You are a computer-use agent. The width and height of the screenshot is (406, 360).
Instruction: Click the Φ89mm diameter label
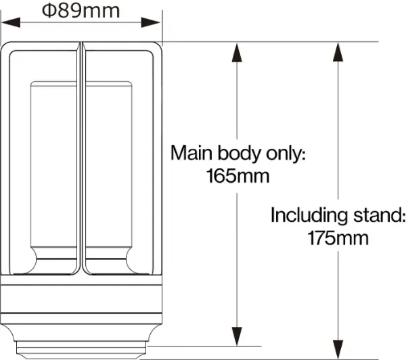[81, 11]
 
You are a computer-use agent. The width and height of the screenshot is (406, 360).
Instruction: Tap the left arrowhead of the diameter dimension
[11, 22]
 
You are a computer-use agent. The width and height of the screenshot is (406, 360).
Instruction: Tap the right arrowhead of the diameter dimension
[151, 22]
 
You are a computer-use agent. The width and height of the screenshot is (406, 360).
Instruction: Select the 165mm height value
[238, 176]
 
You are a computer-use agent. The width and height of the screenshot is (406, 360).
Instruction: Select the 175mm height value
[338, 238]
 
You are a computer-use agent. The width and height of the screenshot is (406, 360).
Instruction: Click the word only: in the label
[286, 154]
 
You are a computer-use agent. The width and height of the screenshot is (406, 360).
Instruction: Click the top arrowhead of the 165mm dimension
[237, 53]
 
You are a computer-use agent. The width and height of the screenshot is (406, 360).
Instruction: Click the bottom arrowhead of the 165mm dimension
[237, 336]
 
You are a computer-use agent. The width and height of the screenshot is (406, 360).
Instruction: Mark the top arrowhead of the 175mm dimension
[338, 52]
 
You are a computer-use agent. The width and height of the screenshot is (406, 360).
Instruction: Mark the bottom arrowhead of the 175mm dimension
[338, 350]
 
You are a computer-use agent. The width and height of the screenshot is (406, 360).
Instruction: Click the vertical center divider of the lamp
[81, 158]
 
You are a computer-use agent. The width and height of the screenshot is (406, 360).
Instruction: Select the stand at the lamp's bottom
[81, 350]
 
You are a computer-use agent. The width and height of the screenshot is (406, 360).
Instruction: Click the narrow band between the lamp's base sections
[81, 318]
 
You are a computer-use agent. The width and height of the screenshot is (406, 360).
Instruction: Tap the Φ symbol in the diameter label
[49, 11]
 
